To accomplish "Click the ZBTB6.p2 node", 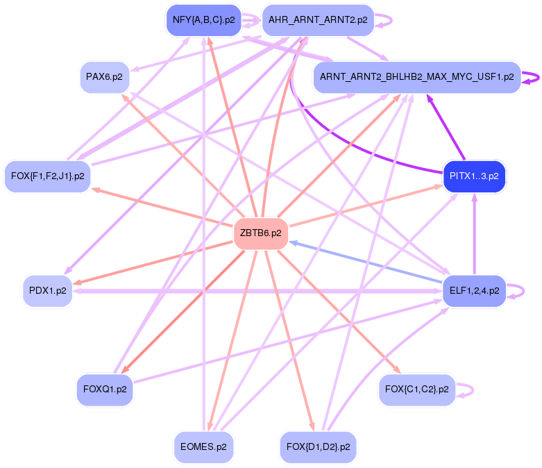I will click(261, 233).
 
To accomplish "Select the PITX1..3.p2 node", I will click(475, 176).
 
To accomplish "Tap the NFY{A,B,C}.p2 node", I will click(203, 20).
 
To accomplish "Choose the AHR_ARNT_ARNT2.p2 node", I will click(318, 20).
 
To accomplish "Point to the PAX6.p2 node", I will click(105, 76).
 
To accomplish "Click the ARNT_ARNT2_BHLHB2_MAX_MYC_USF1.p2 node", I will click(416, 76).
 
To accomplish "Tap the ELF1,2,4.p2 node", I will click(475, 290).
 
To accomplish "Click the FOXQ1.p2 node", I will click(105, 390).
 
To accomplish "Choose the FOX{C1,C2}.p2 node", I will click(416, 390).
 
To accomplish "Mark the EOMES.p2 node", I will click(203, 446).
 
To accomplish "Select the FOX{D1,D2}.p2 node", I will click(318, 446).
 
